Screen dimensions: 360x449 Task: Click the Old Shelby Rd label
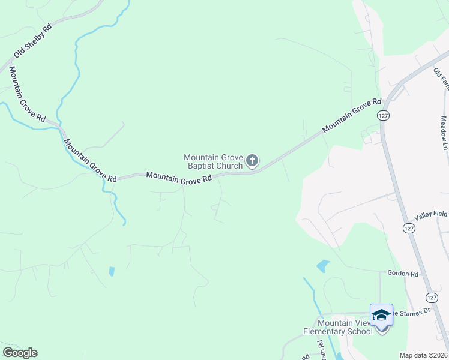tap(33, 43)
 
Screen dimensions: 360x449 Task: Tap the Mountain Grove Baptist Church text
tap(213, 161)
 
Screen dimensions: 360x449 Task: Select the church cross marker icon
tap(252, 160)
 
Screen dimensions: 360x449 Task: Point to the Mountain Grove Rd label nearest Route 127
tap(352, 116)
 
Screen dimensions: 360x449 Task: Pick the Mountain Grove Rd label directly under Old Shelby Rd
tap(27, 94)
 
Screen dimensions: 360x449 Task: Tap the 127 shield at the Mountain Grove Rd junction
tap(382, 115)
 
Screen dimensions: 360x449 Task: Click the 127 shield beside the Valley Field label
tap(408, 229)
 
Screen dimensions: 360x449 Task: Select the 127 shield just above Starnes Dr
tap(432, 297)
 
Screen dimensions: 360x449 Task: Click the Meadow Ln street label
tap(444, 134)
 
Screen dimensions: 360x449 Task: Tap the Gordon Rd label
tap(402, 274)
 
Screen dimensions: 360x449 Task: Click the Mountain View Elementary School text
tap(337, 327)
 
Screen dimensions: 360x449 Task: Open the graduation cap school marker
tap(381, 315)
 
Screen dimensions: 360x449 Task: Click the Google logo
tap(20, 353)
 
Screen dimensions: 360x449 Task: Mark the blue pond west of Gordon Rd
tap(323, 266)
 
